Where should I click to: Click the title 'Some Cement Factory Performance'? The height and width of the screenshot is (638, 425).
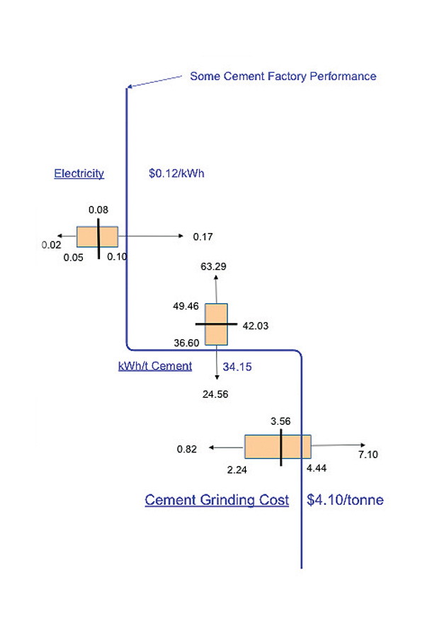click(x=283, y=76)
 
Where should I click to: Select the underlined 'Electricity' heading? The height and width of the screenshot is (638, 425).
click(x=79, y=173)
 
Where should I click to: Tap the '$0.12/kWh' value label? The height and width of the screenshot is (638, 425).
click(x=176, y=173)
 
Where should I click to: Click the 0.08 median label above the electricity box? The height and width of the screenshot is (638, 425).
click(x=98, y=210)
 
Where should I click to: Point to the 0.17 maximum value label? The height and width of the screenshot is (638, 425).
click(x=203, y=237)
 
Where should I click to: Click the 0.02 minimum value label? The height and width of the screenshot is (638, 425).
click(x=51, y=245)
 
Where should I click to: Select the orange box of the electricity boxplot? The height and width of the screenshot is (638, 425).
click(x=97, y=237)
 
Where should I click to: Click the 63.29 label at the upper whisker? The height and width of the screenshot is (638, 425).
click(x=213, y=266)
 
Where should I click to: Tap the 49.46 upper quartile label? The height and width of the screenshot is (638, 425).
click(x=186, y=306)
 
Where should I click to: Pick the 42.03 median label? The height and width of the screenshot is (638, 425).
click(x=256, y=326)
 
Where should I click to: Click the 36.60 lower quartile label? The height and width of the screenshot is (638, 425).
click(x=186, y=343)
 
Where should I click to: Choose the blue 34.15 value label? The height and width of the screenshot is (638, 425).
click(x=237, y=367)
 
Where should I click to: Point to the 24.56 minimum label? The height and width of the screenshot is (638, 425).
click(x=215, y=394)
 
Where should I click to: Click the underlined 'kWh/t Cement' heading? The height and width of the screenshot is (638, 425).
click(x=155, y=366)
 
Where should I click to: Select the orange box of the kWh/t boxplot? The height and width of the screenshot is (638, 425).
click(x=216, y=324)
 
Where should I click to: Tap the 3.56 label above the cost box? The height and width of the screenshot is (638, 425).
click(x=280, y=421)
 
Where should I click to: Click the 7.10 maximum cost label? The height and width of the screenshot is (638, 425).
click(x=368, y=455)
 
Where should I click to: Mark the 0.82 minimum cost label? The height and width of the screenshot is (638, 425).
click(x=187, y=449)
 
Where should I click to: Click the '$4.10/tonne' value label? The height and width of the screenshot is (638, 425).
click(x=345, y=500)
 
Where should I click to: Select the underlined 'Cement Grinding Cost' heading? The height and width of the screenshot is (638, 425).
click(x=217, y=500)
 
